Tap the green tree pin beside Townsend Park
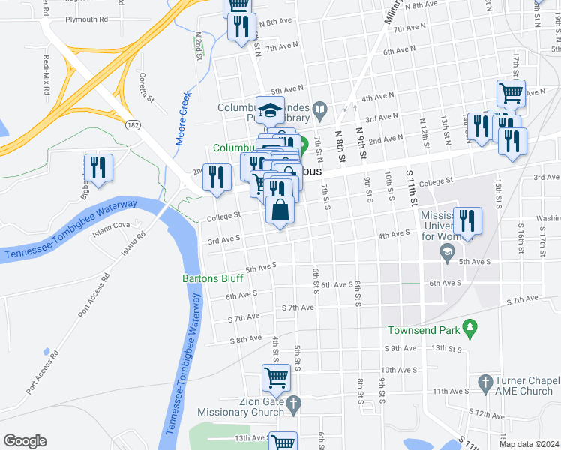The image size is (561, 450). click(470, 326)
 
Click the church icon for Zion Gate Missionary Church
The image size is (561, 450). click(295, 403)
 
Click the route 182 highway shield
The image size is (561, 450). click(132, 124)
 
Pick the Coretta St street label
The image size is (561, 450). click(145, 88)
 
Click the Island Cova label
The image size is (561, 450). click(112, 224)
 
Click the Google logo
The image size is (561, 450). click(25, 440)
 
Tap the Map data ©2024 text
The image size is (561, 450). click(528, 444)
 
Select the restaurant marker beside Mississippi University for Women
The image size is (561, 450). click(467, 220)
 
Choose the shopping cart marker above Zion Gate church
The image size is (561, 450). click(276, 377)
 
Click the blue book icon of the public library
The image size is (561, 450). click(319, 110)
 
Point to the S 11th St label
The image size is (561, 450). click(412, 190)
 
